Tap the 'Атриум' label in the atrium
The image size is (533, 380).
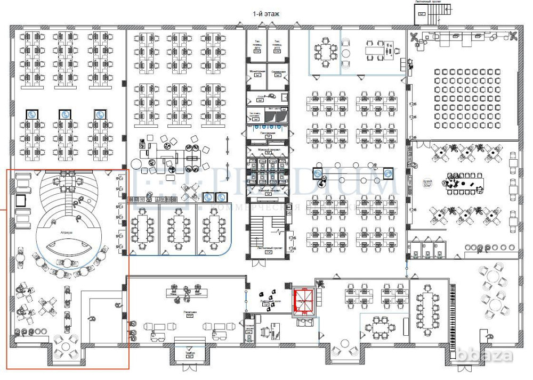66,233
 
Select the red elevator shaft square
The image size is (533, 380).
304,301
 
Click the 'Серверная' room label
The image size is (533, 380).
278,72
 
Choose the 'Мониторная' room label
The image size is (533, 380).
257,72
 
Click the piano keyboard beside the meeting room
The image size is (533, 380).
454,314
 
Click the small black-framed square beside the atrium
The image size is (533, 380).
21,200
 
